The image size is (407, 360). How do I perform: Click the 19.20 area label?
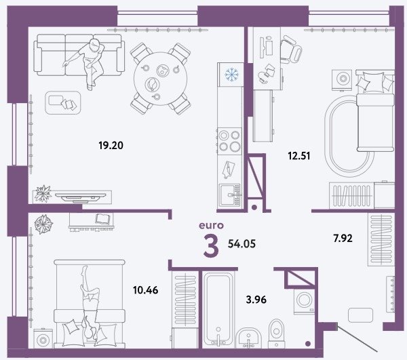[111, 145]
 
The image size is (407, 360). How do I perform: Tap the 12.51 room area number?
[298, 156]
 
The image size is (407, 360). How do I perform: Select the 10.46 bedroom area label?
[145, 290]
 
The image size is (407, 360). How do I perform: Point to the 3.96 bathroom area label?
[256, 300]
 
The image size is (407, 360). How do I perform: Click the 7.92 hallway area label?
[343, 238]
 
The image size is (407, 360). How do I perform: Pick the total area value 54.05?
[241, 244]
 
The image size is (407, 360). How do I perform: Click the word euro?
[211, 225]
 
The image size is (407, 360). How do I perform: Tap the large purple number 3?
[211, 245]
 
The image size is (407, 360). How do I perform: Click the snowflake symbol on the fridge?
[231, 75]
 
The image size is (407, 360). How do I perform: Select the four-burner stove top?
[230, 141]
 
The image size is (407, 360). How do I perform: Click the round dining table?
[160, 79]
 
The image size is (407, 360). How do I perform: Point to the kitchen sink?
[230, 195]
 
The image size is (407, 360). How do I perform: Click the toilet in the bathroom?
[277, 334]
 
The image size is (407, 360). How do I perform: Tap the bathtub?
[218, 309]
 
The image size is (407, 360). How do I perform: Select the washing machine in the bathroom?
[304, 300]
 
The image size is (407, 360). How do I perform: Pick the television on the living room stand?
[81, 197]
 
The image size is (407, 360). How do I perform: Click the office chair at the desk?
[291, 49]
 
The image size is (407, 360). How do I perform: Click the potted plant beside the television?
[43, 193]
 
